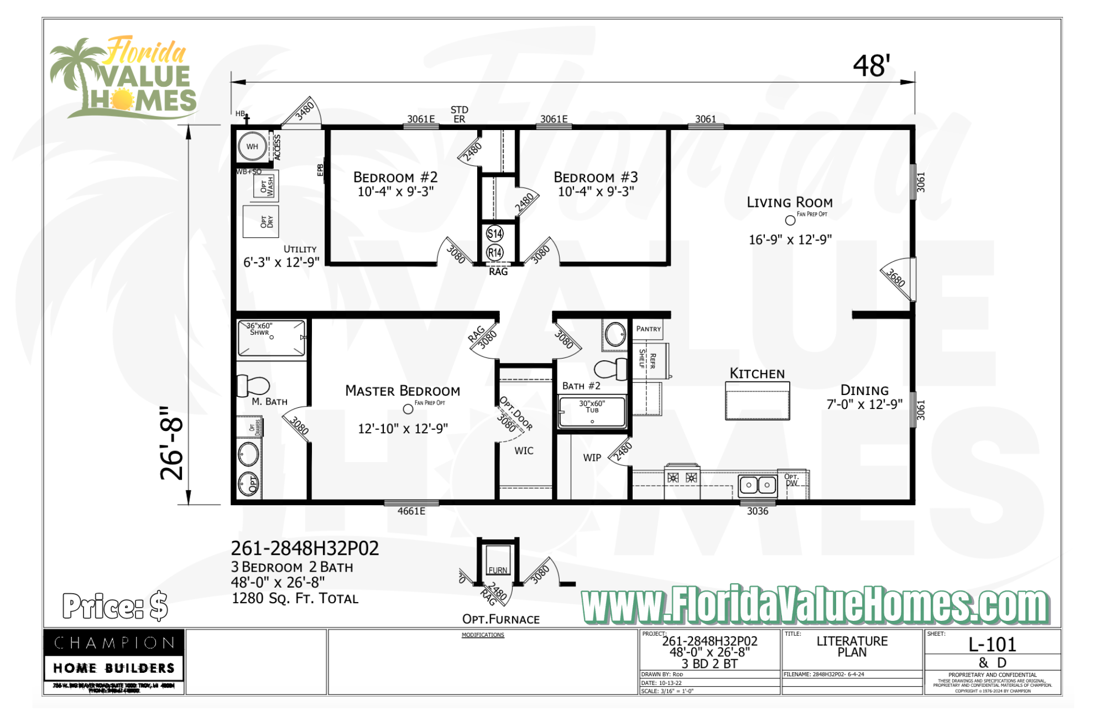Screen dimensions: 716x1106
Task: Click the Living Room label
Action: (x=789, y=203)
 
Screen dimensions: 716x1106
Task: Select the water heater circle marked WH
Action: (x=252, y=147)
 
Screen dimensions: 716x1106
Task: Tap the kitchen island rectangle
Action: (x=757, y=401)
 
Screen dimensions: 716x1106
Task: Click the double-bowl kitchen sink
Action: (x=758, y=485)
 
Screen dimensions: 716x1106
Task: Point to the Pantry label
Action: (x=648, y=329)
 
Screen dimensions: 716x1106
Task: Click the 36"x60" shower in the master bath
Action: (x=271, y=338)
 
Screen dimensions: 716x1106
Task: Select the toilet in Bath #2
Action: (x=611, y=369)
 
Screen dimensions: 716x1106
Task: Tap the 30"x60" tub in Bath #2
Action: (x=592, y=413)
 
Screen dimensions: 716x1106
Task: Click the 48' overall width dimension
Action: (x=871, y=66)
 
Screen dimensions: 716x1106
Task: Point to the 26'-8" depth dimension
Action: (x=171, y=443)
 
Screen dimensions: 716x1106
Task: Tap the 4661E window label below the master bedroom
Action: (x=411, y=511)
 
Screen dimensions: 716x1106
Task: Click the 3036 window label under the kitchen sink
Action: (x=757, y=511)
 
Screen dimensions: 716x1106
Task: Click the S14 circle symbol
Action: (x=494, y=234)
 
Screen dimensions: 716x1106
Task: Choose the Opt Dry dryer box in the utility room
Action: (x=261, y=221)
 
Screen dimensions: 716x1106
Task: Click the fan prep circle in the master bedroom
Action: (x=408, y=409)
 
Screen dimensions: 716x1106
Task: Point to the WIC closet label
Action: (x=524, y=451)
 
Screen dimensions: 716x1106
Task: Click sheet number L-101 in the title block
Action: (x=992, y=645)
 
